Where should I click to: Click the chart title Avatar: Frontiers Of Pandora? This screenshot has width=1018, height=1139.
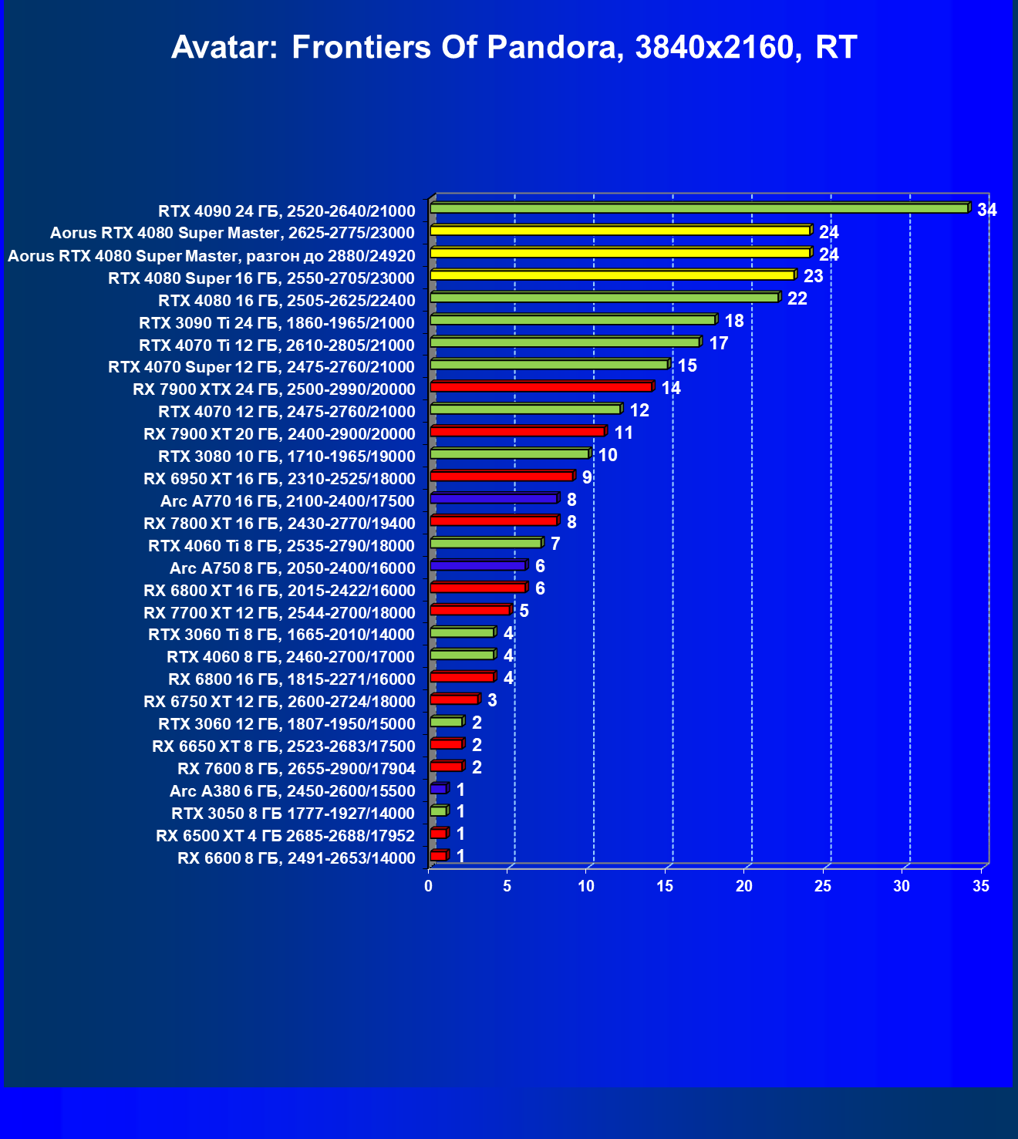pyautogui.click(x=514, y=48)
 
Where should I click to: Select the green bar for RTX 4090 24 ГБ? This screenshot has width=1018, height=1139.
pyautogui.click(x=698, y=208)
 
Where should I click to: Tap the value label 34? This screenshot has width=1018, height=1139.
pyautogui.click(x=986, y=210)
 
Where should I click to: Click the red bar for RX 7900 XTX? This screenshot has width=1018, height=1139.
pyautogui.click(x=541, y=386)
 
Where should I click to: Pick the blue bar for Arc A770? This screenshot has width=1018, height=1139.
pyautogui.click(x=494, y=499)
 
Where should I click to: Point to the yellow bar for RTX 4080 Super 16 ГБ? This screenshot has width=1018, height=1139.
pyautogui.click(x=612, y=275)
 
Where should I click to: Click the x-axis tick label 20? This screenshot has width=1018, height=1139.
pyautogui.click(x=743, y=886)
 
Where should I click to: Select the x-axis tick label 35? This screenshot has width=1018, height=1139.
pyautogui.click(x=980, y=886)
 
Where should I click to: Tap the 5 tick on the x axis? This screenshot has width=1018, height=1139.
pyautogui.click(x=507, y=886)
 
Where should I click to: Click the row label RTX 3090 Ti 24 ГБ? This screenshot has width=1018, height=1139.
pyautogui.click(x=277, y=322)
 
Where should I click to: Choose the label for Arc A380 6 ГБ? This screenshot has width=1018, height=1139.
pyautogui.click(x=292, y=790)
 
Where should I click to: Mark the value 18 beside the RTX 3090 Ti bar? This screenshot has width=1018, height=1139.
pyautogui.click(x=734, y=321)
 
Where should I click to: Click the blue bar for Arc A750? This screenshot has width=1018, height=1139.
pyautogui.click(x=478, y=565)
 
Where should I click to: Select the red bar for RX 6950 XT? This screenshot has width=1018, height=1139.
pyautogui.click(x=501, y=476)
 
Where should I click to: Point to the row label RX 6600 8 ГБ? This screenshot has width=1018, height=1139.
pyautogui.click(x=296, y=858)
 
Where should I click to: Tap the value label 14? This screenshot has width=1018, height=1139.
pyautogui.click(x=671, y=388)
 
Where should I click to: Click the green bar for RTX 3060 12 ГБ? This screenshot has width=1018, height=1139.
pyautogui.click(x=446, y=722)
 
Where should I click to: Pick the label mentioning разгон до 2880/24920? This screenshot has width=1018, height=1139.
pyautogui.click(x=211, y=255)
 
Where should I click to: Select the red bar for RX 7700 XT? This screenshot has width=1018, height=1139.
pyautogui.click(x=470, y=610)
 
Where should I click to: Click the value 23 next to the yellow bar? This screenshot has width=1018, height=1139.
pyautogui.click(x=813, y=276)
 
